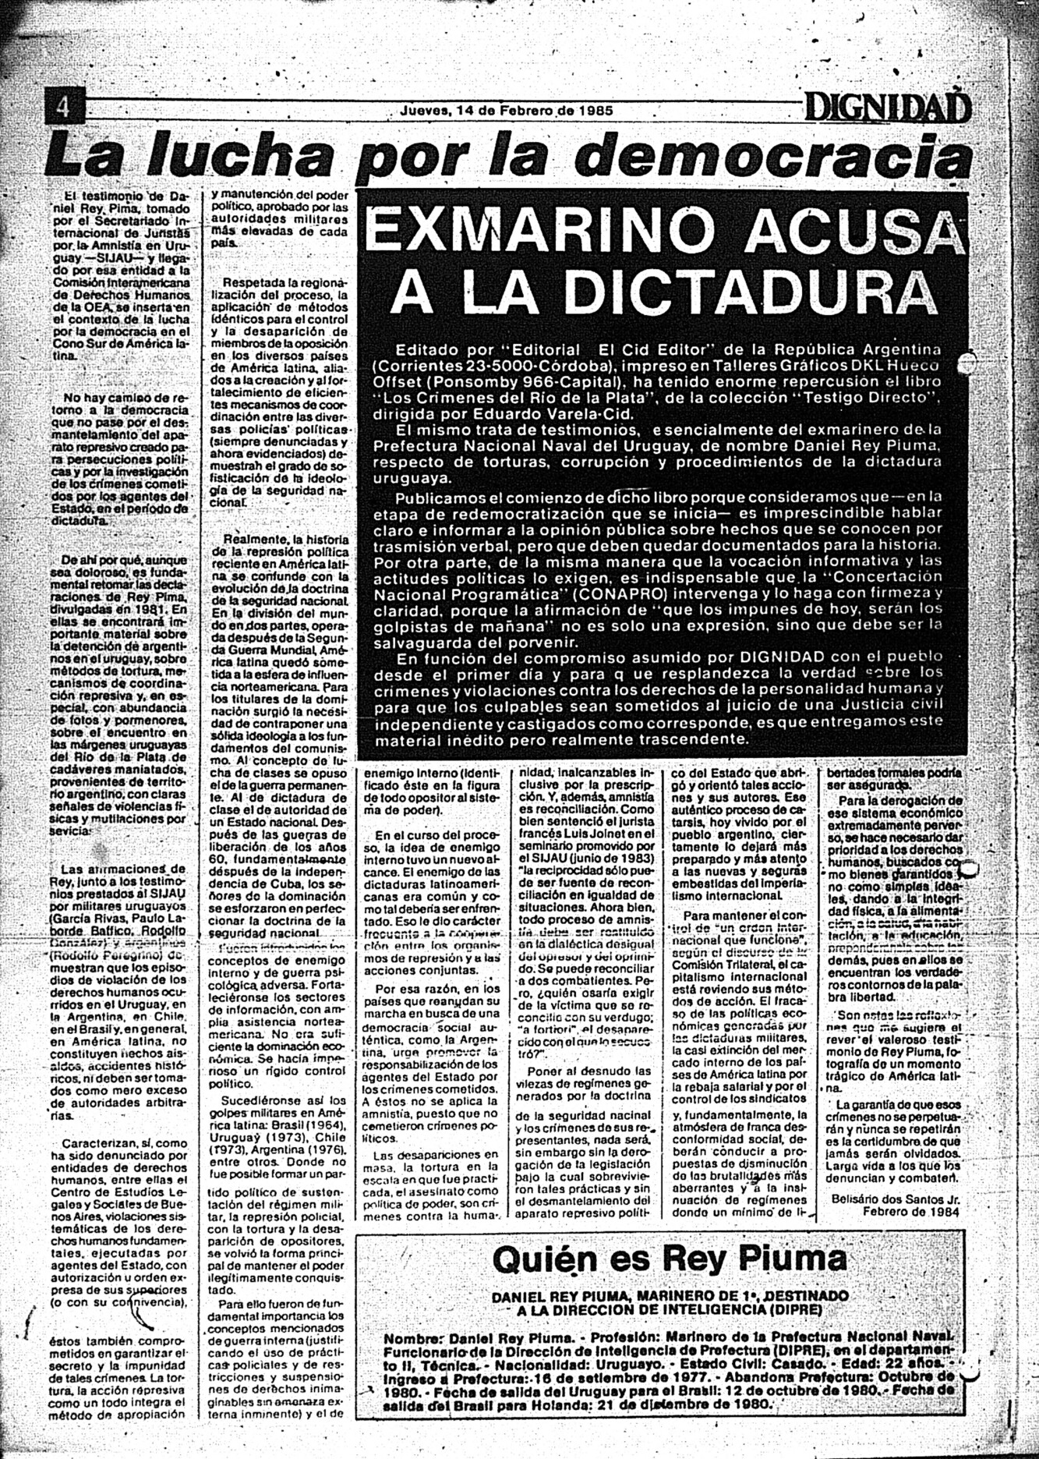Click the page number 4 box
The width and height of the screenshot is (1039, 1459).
coord(63,108)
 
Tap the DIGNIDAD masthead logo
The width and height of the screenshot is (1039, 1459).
coord(888,108)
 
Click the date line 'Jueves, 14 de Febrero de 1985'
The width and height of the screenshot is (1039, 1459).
coord(505,111)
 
